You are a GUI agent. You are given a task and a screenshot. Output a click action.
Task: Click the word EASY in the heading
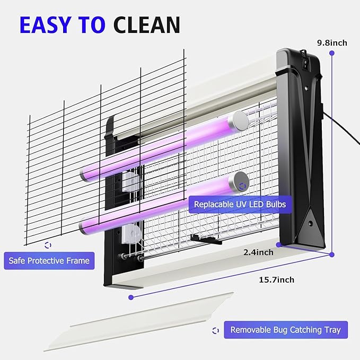click(x=45, y=25)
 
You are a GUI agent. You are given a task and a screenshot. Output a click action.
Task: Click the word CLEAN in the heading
click(x=147, y=25)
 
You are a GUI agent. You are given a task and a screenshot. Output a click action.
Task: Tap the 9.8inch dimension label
click(x=332, y=43)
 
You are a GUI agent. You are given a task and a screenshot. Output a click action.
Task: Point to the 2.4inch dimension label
click(x=258, y=252)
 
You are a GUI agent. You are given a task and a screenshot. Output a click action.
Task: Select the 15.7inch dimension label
click(x=276, y=279)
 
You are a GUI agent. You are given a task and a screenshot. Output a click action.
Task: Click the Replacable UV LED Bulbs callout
click(x=240, y=204)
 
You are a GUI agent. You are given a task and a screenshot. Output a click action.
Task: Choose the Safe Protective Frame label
click(x=49, y=260)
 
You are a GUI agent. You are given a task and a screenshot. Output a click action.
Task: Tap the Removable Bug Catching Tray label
click(x=286, y=330)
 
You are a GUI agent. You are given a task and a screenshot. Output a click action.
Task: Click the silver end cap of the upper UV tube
click(x=240, y=121)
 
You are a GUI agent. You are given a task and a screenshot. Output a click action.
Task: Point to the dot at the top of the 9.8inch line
click(x=332, y=53)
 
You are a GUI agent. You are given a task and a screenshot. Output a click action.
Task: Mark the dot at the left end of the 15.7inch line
click(x=131, y=297)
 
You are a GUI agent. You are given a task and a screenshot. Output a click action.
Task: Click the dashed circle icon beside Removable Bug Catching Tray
click(x=216, y=331)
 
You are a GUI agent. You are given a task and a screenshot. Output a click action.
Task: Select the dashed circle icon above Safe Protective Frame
click(x=48, y=245)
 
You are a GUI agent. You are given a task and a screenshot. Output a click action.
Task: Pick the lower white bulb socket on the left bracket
click(x=131, y=234)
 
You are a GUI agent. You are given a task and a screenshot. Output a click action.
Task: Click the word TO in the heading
click(x=92, y=25)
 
